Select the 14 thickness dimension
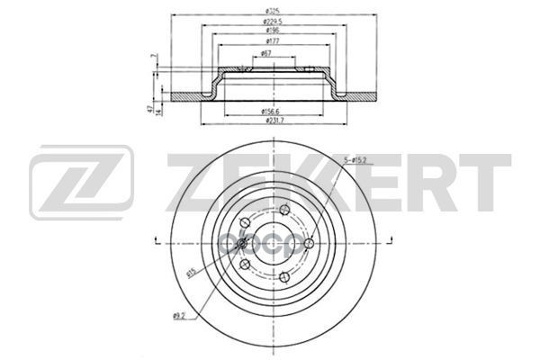click(x=159, y=110)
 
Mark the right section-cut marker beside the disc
click(x=381, y=239)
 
